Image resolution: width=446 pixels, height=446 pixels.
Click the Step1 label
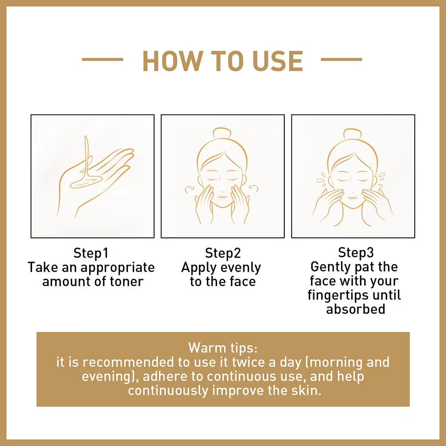click(x=91, y=253)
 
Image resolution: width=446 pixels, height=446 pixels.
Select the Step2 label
click(x=223, y=253)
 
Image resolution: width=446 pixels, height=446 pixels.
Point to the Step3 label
click(x=356, y=252)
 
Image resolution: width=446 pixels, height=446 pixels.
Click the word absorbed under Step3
click(x=356, y=309)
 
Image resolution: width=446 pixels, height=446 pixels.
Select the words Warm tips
click(x=223, y=348)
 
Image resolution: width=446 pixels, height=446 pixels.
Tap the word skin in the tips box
click(x=307, y=390)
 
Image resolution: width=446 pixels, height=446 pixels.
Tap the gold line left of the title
click(x=102, y=59)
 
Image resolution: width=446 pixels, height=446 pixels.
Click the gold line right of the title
click(x=341, y=59)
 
